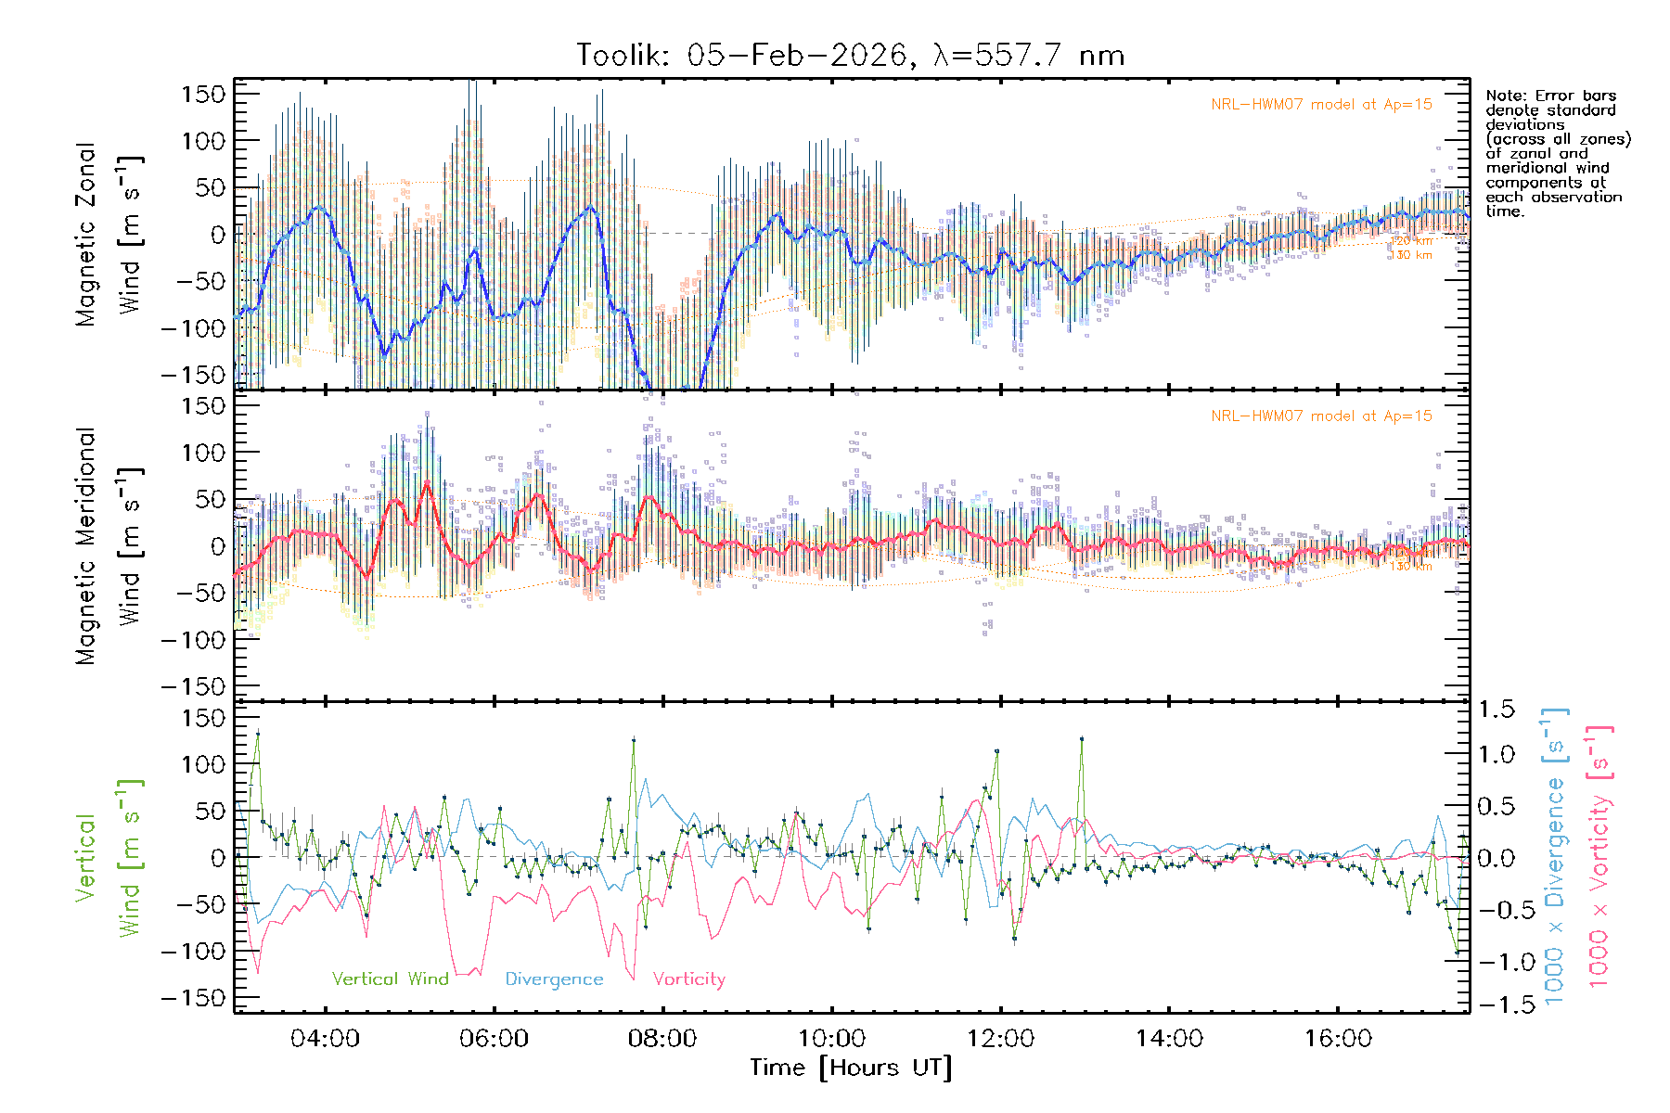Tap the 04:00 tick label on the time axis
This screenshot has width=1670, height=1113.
tap(325, 1039)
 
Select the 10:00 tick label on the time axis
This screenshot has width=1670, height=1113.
tap(831, 1039)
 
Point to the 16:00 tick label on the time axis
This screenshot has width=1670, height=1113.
tap(1338, 1039)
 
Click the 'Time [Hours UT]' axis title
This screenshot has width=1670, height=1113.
tap(851, 1068)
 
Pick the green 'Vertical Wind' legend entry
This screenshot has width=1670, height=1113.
tap(390, 979)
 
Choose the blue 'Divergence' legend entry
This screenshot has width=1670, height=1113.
tap(554, 979)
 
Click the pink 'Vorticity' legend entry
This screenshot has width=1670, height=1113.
tap(688, 979)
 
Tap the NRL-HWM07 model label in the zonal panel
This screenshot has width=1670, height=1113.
tap(1321, 105)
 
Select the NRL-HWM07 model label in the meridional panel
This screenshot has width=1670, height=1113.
tap(1321, 416)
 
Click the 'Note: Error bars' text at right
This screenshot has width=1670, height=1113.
tap(1550, 96)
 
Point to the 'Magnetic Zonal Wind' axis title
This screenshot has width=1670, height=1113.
tap(109, 234)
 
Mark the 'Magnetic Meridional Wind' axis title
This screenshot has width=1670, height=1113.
tap(109, 546)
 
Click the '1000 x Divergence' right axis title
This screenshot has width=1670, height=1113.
tap(1553, 856)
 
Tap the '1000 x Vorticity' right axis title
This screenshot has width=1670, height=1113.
tap(1599, 856)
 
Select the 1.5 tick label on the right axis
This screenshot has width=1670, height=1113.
tap(1496, 710)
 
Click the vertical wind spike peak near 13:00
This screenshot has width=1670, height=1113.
tap(1082, 739)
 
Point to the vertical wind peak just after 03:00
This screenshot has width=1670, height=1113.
tap(258, 733)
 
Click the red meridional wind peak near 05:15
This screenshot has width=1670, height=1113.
tap(427, 481)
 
